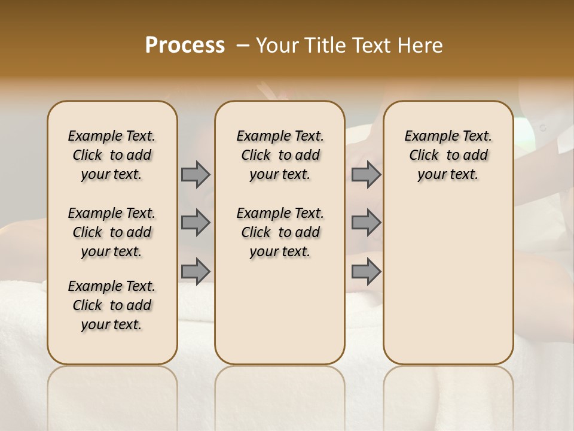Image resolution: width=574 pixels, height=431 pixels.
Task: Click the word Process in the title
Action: point(185,45)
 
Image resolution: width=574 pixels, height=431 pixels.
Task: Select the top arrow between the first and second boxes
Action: point(196,175)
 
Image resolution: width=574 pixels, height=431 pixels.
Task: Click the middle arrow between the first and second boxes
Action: point(196,223)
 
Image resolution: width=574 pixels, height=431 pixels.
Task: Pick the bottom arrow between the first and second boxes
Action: point(196,271)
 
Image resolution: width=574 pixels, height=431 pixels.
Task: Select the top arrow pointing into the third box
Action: point(366,175)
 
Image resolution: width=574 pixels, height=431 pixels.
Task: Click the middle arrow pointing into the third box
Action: point(366,223)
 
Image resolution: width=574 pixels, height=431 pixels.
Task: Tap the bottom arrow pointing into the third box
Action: point(366,271)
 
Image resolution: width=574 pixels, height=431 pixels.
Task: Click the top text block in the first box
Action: point(112,155)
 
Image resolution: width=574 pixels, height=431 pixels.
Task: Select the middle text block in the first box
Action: point(112,232)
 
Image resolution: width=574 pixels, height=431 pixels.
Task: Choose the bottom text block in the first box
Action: point(112,305)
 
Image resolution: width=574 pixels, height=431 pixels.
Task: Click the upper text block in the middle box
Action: point(280,155)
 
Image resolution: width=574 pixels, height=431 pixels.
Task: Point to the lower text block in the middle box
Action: point(280,232)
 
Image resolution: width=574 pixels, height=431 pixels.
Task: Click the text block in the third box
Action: point(448,155)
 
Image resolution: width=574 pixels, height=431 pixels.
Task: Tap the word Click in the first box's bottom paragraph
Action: point(87,305)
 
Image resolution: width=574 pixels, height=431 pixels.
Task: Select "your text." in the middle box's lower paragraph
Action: point(280,252)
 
